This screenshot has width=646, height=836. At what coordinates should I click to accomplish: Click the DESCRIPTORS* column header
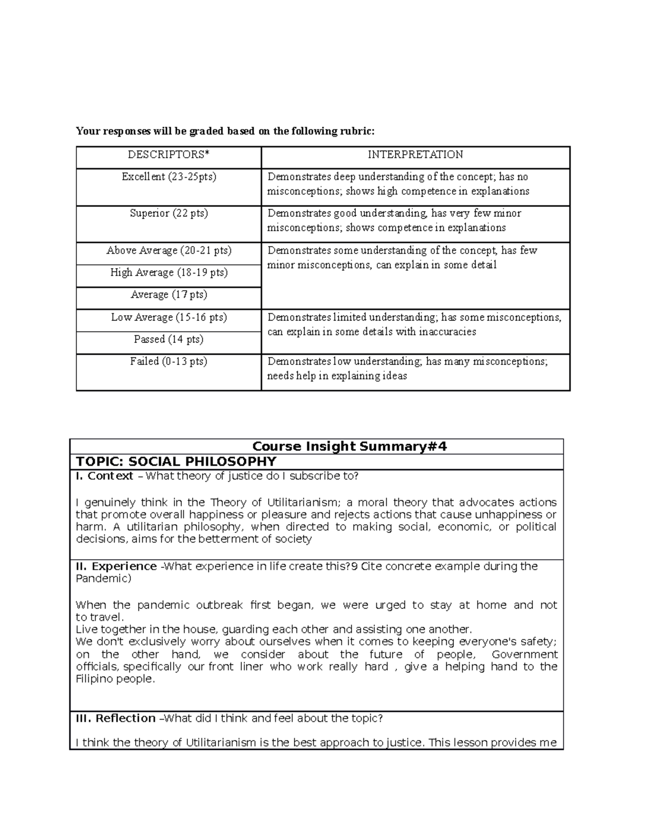168,155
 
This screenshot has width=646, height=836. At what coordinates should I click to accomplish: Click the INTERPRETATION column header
415,155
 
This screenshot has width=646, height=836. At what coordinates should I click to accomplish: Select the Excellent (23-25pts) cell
168,177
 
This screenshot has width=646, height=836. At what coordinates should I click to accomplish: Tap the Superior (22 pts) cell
168,214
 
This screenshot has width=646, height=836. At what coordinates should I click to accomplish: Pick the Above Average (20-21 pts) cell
168,251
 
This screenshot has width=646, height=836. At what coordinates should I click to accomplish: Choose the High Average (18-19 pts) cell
168,273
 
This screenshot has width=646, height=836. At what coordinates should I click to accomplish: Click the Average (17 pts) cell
168,295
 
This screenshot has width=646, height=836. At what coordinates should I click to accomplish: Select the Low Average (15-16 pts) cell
168,318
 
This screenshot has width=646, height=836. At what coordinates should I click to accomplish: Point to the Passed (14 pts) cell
168,340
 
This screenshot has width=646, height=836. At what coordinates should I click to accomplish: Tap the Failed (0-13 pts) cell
168,362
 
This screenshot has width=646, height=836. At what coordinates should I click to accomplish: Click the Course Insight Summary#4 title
349,447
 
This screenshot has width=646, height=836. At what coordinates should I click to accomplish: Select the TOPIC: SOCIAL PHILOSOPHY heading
176,462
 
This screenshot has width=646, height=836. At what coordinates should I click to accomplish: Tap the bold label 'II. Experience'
116,567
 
